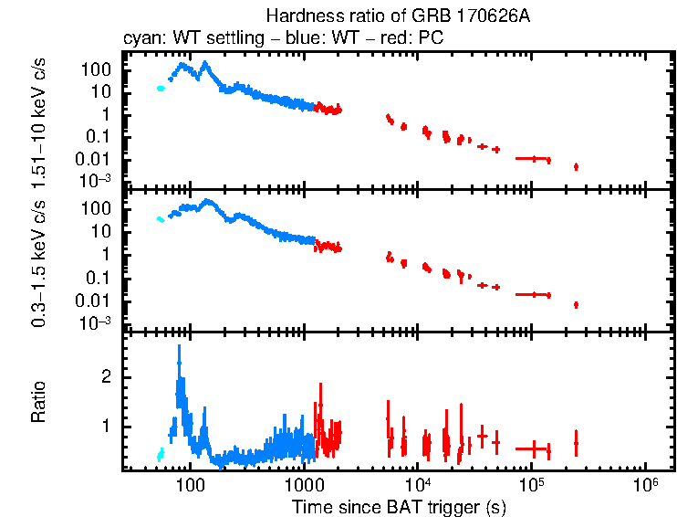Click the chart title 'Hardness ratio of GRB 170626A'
(373, 16)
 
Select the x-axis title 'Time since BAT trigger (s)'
(399, 505)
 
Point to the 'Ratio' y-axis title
(38, 403)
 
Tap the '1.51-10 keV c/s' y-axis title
(39, 121)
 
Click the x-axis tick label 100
(190, 484)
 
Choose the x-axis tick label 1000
(304, 484)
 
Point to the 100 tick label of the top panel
(99, 69)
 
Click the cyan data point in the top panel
(161, 89)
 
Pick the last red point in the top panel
(576, 166)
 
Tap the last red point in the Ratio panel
(576, 443)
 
